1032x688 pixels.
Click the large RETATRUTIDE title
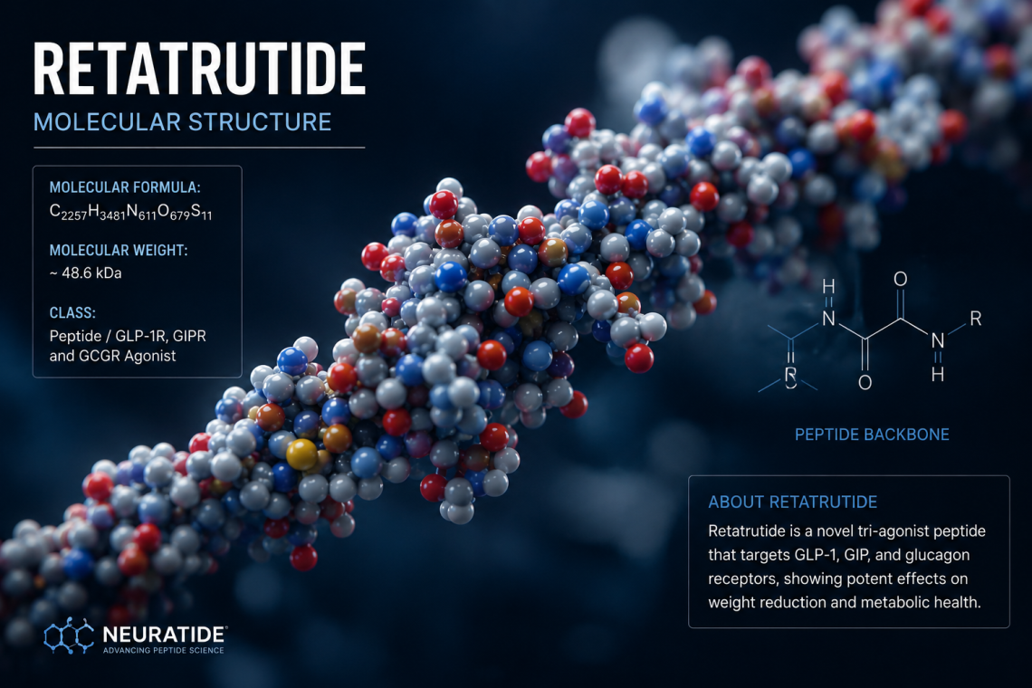point(199,69)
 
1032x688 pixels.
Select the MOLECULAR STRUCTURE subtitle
point(182,122)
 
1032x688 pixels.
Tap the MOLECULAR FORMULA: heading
point(125,187)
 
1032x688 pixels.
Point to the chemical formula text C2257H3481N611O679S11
point(131,212)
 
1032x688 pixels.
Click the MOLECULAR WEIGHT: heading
point(119,250)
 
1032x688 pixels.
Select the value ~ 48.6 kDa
point(86,273)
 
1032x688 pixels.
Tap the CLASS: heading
point(72,312)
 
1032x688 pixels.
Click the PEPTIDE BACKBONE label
point(872,435)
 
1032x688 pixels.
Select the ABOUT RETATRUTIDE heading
point(792,502)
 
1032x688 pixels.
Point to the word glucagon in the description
point(937,555)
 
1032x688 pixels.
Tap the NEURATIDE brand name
point(165,635)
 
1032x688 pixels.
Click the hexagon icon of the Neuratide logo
point(69,636)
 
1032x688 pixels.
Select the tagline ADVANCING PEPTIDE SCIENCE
point(163,651)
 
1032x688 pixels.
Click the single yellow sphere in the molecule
point(302,454)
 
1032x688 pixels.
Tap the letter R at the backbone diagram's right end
point(975,320)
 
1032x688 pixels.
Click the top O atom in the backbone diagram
point(901,279)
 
